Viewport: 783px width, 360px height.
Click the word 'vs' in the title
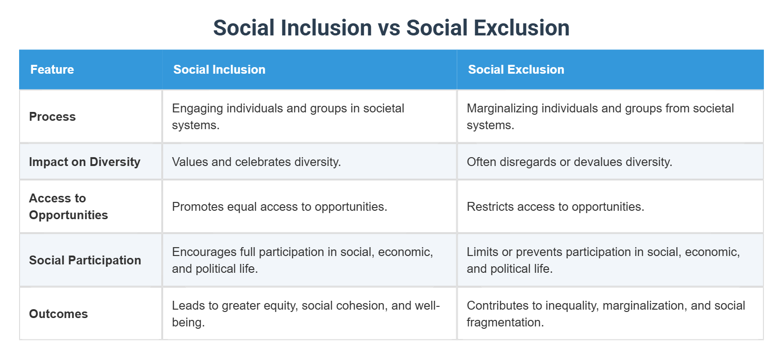(389, 28)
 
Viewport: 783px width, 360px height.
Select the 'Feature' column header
(52, 69)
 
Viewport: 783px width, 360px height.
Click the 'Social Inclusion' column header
(219, 69)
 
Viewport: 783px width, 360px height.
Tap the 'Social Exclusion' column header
(516, 69)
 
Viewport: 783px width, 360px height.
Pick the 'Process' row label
(52, 117)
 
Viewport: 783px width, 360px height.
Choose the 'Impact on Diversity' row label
(84, 162)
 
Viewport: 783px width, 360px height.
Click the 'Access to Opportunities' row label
(68, 207)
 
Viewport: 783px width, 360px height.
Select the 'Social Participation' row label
(85, 260)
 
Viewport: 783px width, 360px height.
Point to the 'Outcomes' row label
(58, 314)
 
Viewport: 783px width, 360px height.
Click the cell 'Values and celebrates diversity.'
(256, 162)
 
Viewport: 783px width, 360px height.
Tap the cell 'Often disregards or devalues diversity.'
(569, 162)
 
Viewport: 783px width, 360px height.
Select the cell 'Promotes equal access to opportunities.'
(279, 207)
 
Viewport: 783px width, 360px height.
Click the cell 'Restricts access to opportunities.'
(555, 207)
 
